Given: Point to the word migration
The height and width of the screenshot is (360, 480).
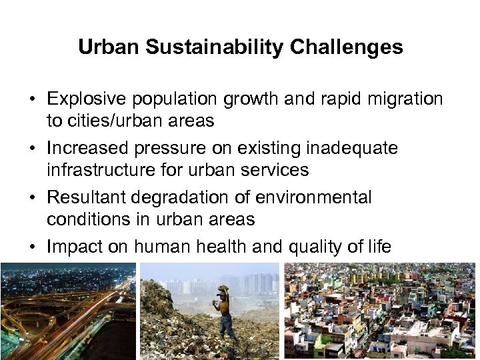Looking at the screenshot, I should coord(404,99).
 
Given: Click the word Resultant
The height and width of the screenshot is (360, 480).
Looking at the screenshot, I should coord(87,198).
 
